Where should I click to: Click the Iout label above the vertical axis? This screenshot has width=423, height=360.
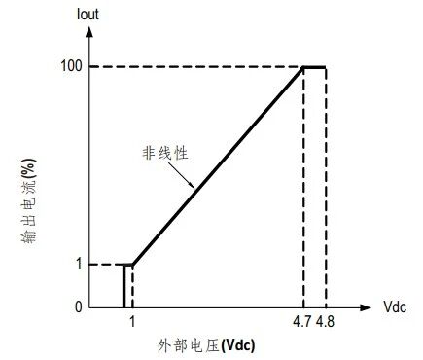click(88, 15)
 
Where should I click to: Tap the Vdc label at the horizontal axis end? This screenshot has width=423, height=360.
click(395, 306)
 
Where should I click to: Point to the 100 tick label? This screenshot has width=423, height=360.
click(71, 66)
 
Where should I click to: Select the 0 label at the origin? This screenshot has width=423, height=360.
click(79, 306)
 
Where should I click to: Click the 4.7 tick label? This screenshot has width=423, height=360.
click(302, 322)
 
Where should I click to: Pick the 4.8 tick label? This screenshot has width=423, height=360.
click(325, 322)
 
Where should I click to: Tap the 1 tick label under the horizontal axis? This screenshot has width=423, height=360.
click(132, 322)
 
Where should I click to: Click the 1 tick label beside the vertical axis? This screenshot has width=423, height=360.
click(80, 264)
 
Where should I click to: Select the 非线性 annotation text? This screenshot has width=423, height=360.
click(165, 153)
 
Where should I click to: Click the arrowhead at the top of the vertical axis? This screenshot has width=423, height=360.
click(89, 32)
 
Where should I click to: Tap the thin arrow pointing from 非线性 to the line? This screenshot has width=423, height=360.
click(181, 175)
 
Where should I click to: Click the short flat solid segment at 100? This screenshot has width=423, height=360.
click(314, 67)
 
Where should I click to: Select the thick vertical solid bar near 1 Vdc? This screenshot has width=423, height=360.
click(123, 286)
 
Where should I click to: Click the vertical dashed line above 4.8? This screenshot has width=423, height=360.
click(326, 188)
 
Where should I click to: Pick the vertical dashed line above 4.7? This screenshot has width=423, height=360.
click(303, 188)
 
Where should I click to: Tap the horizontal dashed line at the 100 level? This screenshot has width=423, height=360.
click(196, 67)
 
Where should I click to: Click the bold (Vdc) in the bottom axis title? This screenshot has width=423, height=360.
click(237, 345)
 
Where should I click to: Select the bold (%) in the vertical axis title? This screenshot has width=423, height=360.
click(29, 169)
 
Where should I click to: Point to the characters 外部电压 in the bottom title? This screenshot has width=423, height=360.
click(189, 345)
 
